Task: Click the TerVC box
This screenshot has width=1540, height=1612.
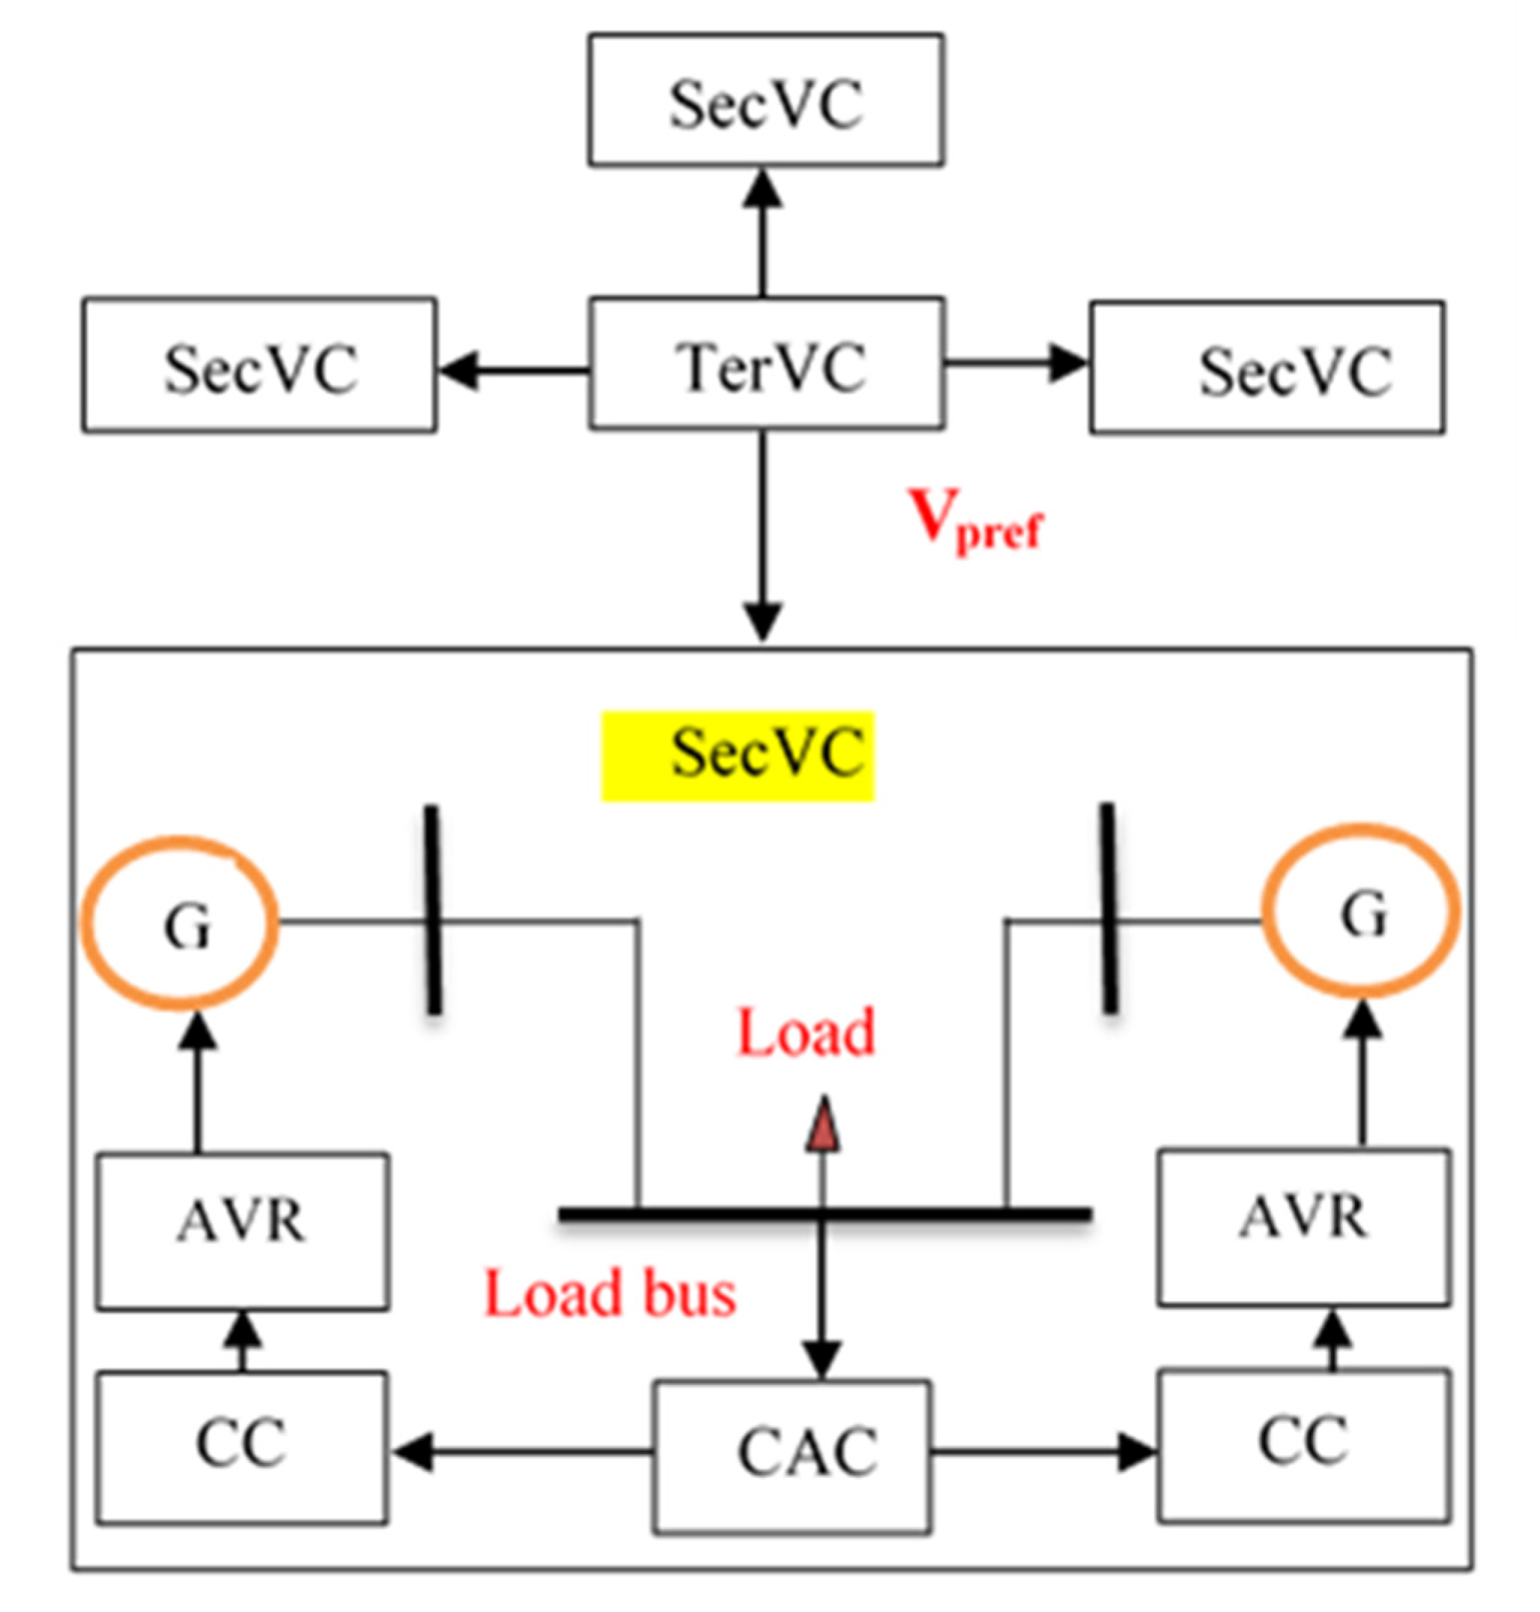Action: point(767,363)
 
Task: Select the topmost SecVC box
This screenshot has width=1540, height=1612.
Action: point(765,100)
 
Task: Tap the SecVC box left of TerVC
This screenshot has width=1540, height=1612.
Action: point(259,366)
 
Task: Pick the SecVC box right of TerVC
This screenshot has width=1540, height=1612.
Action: point(1267,367)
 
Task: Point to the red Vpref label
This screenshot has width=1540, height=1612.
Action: point(975,521)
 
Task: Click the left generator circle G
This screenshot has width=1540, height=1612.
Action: point(181,923)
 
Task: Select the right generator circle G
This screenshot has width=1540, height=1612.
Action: point(1359,912)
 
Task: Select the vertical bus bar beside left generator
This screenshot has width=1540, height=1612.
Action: point(433,909)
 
